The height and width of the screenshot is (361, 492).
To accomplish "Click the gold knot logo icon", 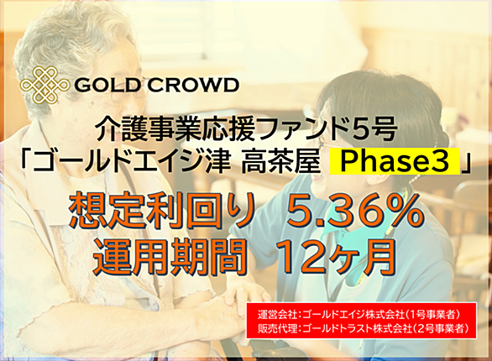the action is point(44,85).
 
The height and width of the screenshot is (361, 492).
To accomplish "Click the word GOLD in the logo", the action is point(107,85).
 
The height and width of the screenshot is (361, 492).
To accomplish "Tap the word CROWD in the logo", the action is point(192,85).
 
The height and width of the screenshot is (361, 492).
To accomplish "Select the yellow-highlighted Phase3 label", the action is point(395,161).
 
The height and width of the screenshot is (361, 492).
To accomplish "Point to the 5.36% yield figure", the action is point(355,211).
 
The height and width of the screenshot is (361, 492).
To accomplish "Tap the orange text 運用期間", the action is point(169,257).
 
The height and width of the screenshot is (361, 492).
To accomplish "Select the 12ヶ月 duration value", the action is point(335,257).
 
